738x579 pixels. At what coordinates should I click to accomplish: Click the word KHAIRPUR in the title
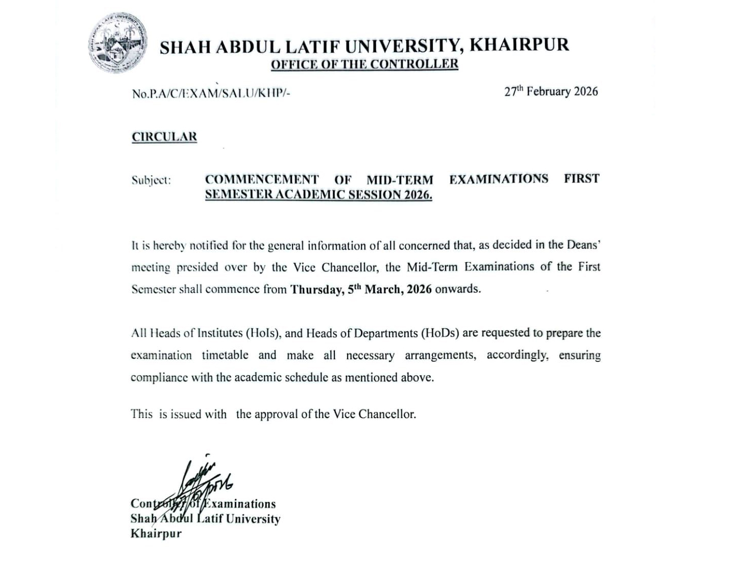point(519,45)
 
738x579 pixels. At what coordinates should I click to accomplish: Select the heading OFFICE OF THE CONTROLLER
point(364,64)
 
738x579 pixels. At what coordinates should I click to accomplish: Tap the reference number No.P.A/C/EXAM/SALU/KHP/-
point(211,94)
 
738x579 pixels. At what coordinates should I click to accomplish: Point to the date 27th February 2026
point(551,91)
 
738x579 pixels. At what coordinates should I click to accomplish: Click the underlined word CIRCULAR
point(164,137)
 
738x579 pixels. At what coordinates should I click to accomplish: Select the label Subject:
point(151,180)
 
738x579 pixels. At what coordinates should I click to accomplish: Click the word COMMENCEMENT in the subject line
point(261,179)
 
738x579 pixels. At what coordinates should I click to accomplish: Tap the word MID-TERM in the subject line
point(400,179)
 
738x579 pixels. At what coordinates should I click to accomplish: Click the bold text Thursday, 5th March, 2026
point(361,289)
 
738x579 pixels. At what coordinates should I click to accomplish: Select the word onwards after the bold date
point(458,289)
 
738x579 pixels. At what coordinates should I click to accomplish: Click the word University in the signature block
point(253,519)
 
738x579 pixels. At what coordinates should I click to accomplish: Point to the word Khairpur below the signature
point(156,534)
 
